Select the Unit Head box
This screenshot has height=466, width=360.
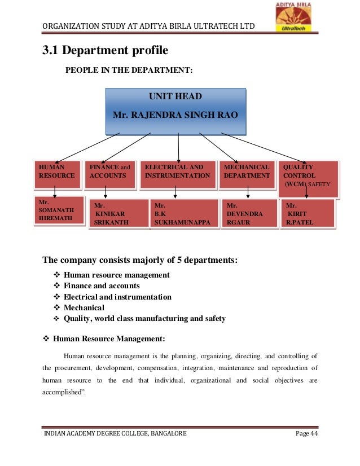point(175,110)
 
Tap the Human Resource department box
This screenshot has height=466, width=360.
point(57,175)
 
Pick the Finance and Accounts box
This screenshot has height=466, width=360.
point(109,175)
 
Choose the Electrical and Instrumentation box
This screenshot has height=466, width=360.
point(178,175)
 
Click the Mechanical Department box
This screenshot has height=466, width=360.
point(247,175)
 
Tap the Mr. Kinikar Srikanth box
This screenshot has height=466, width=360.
point(117,214)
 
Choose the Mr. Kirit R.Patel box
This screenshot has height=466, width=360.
point(308,214)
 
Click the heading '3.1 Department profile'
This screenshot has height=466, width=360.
point(106,50)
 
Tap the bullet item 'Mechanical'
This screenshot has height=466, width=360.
point(84,307)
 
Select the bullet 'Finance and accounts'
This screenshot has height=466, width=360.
point(102,285)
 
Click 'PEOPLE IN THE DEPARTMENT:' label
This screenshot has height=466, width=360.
point(129,70)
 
